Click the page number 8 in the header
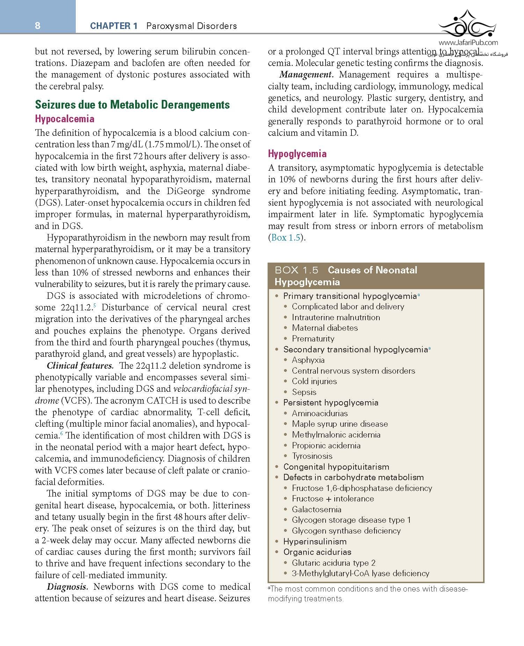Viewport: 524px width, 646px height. tap(38, 26)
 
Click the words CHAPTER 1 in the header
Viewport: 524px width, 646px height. tap(114, 26)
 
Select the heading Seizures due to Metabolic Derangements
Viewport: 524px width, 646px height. tap(132, 105)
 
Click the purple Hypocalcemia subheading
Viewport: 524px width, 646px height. tap(65, 119)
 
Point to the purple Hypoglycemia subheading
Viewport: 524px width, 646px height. tap(297, 154)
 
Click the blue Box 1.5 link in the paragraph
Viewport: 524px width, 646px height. tap(285, 238)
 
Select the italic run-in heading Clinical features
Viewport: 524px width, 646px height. tap(80, 366)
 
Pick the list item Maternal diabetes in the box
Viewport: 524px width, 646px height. tap(325, 328)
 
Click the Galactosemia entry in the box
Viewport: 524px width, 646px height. tap(316, 509)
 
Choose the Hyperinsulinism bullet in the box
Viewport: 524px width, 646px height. tap(315, 542)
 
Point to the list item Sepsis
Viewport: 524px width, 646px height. tap(304, 392)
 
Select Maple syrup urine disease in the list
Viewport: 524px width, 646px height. tap(340, 424)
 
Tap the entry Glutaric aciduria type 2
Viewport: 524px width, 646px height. tap(334, 563)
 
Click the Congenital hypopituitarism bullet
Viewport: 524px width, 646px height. tap(336, 467)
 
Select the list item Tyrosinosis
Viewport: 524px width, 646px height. tap(312, 456)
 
